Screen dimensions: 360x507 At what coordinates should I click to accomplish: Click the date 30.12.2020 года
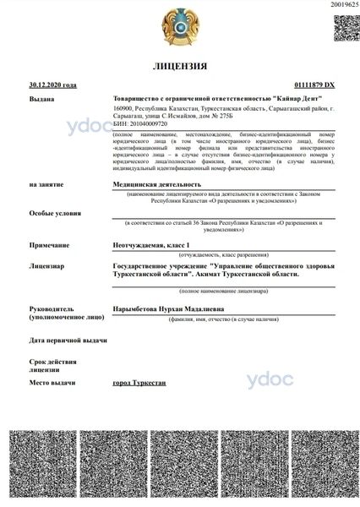[52, 85]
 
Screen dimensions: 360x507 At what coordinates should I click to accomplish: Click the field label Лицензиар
[47, 264]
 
